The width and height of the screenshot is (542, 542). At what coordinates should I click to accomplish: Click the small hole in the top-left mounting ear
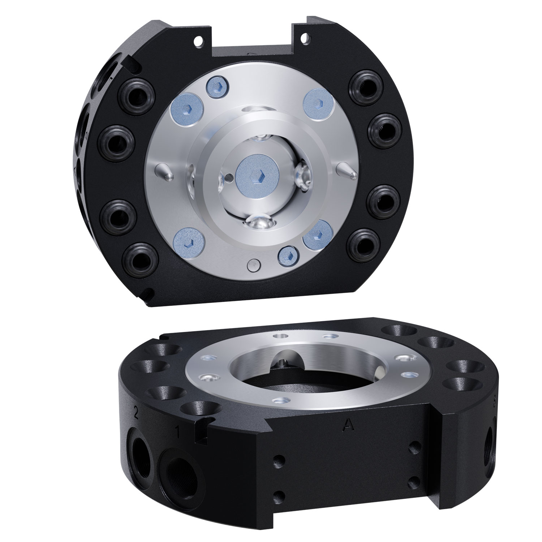click(198, 42)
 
